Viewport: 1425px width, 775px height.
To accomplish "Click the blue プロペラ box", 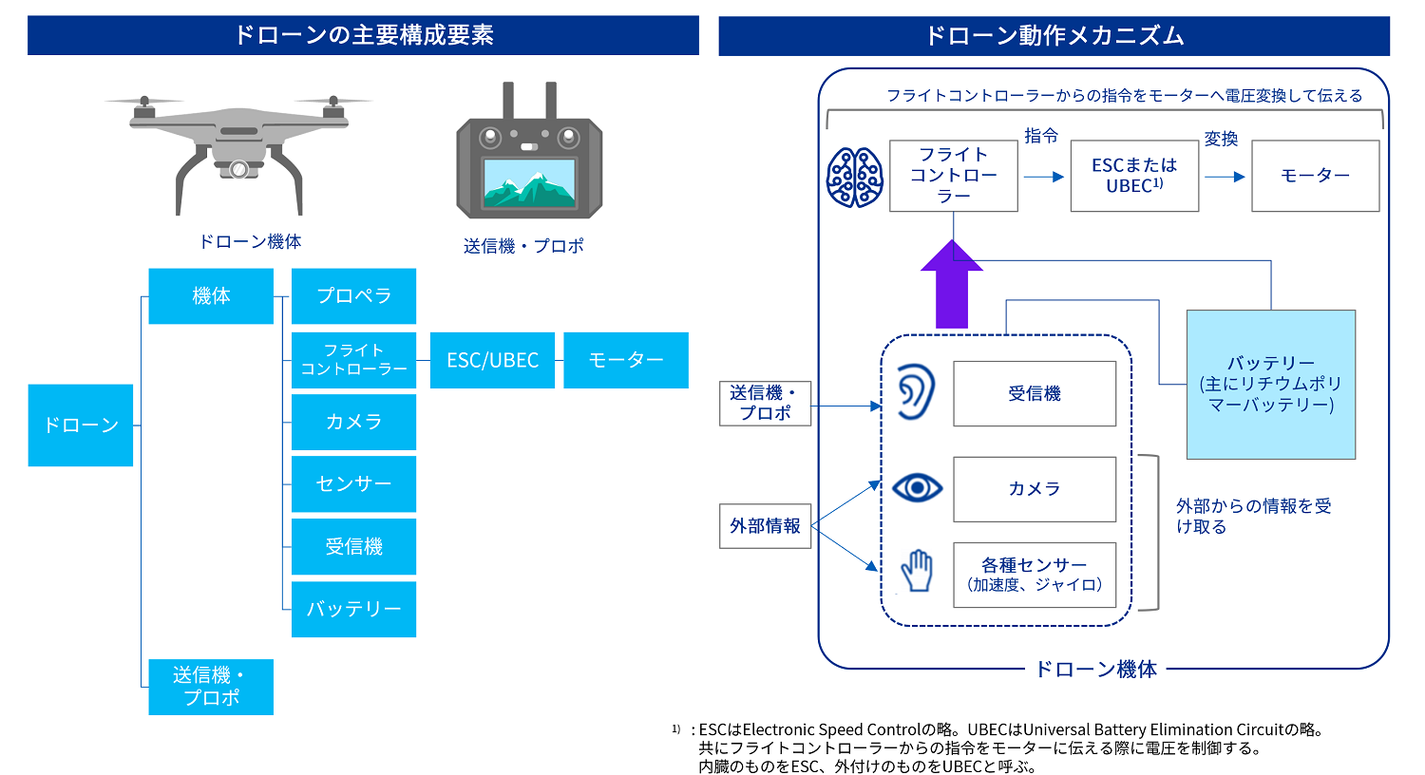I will [x=353, y=296].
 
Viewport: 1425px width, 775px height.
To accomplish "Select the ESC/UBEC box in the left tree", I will [x=492, y=360].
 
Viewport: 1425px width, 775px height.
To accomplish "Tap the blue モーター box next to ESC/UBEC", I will [x=626, y=360].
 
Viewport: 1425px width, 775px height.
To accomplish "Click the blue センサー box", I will [x=353, y=484].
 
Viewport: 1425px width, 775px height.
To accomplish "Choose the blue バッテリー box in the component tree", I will [x=353, y=609].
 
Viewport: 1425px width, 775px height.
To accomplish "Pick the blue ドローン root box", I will [x=81, y=425].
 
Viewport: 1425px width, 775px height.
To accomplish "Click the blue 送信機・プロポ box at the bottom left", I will [x=211, y=687].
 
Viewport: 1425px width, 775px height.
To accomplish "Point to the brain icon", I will [x=855, y=178].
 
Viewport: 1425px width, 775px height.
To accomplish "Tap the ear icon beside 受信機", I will [x=916, y=392].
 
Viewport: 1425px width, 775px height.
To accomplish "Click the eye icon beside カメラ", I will [x=917, y=488].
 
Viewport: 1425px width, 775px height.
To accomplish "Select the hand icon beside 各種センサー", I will [x=917, y=571].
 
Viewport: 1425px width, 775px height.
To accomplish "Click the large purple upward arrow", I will [x=952, y=285].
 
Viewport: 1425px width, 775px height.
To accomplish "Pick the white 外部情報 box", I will [x=765, y=526].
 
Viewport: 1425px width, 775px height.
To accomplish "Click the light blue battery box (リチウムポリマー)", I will [x=1270, y=385].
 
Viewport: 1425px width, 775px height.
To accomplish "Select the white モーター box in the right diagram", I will [x=1315, y=176].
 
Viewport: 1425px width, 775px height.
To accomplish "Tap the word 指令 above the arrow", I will [x=1041, y=136].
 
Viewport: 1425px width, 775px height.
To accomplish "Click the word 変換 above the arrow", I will [x=1221, y=139].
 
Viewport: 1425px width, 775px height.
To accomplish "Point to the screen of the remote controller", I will [x=529, y=182].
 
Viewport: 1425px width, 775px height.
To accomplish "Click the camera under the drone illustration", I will [x=239, y=170].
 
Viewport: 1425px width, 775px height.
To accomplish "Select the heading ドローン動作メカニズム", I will [x=1054, y=36].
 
